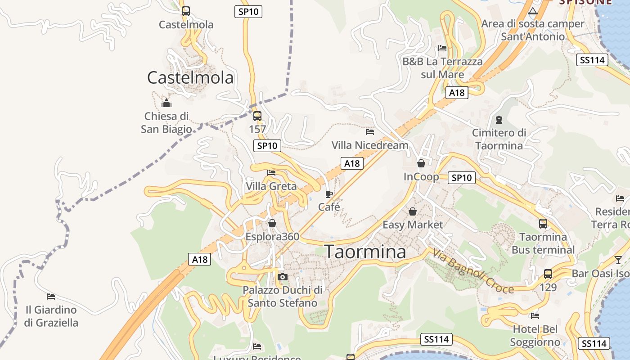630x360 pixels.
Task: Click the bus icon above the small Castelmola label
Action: pyautogui.click(x=186, y=11)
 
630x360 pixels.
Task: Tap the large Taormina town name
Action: pyautogui.click(x=365, y=252)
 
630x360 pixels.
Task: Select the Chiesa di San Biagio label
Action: pyautogui.click(x=166, y=123)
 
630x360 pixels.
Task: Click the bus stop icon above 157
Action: pyautogui.click(x=257, y=116)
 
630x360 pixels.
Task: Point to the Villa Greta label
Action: pyautogui.click(x=271, y=186)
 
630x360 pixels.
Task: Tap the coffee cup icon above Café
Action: pyautogui.click(x=329, y=194)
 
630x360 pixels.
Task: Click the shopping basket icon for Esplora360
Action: pyautogui.click(x=272, y=223)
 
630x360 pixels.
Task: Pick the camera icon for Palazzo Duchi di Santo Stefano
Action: pyautogui.click(x=283, y=277)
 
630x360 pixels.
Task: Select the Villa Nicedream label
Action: pyautogui.click(x=370, y=145)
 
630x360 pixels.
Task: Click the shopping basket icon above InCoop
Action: pyautogui.click(x=421, y=163)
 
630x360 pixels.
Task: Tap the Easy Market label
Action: pyautogui.click(x=413, y=225)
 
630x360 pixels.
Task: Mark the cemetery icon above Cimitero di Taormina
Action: pyautogui.click(x=499, y=120)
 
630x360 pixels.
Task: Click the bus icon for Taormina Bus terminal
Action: pyautogui.click(x=543, y=223)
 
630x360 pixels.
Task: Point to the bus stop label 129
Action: pyautogui.click(x=548, y=287)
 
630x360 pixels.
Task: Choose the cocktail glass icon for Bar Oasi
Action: pyautogui.click(x=618, y=260)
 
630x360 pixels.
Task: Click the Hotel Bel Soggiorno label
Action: pyautogui.click(x=535, y=336)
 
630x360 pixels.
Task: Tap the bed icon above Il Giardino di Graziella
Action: pyautogui.click(x=51, y=297)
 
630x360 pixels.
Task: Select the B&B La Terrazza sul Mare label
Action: pyautogui.click(x=442, y=67)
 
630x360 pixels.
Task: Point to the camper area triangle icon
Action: pyautogui.click(x=533, y=11)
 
